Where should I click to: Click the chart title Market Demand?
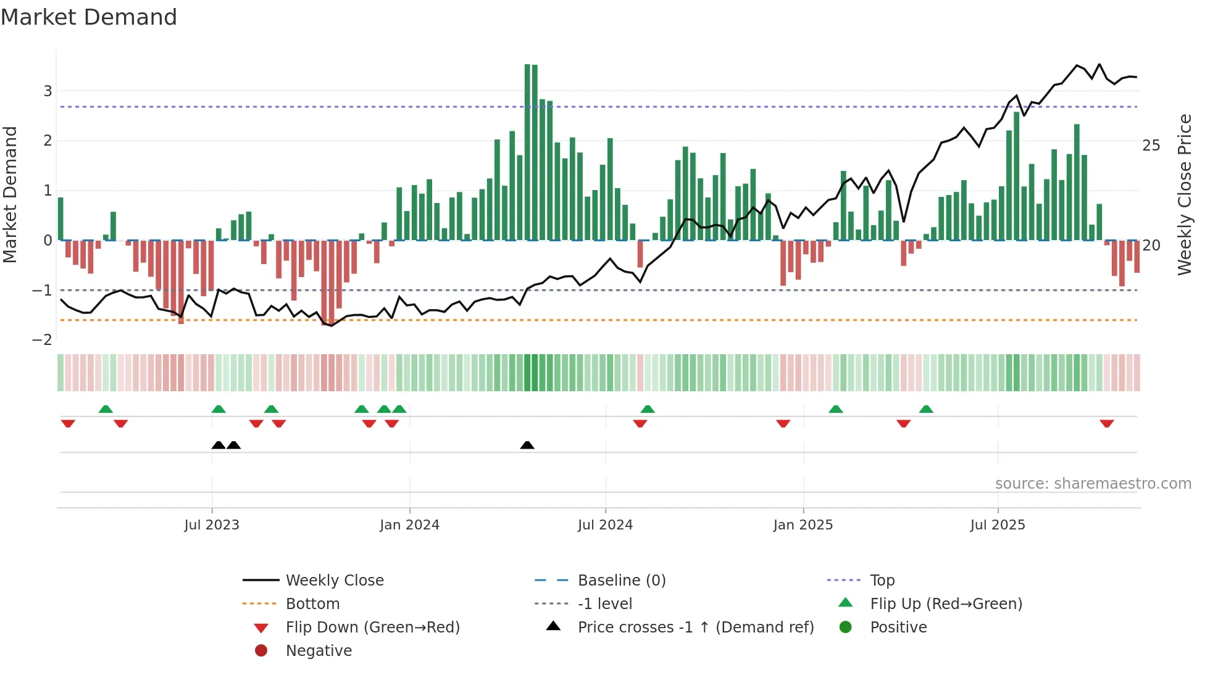point(89,17)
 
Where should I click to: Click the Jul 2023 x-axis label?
point(211,525)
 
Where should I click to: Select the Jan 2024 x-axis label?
point(409,525)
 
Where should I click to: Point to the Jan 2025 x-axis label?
point(803,525)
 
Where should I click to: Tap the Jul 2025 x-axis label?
point(997,525)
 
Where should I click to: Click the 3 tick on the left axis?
point(48,91)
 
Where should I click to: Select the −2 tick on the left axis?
point(43,340)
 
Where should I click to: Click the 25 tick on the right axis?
point(1151,146)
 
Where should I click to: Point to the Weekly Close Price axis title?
point(1184,194)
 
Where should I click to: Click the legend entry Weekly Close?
point(334,581)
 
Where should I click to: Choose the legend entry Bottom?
point(312,604)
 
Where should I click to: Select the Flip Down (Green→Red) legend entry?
point(372,628)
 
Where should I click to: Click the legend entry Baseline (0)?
point(621,581)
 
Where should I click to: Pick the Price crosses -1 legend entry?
point(695,628)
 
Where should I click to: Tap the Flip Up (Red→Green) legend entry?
point(946,604)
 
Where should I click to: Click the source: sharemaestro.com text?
point(1093,484)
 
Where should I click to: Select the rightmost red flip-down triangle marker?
point(1106,424)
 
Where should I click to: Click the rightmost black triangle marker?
point(527,445)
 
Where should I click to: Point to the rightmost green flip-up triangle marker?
point(926,409)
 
